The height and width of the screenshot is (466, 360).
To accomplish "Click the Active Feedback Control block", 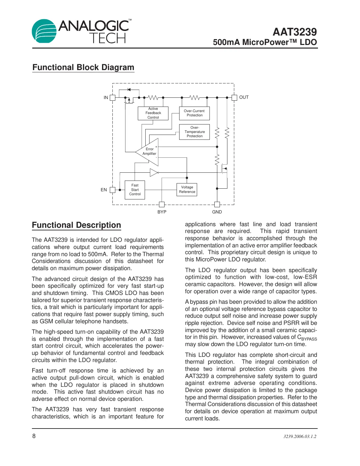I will (x=153, y=113).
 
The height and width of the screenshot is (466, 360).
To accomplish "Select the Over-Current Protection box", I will (x=194, y=113).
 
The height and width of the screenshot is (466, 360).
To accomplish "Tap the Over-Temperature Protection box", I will (x=194, y=132).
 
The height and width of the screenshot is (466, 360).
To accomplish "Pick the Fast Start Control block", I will (x=135, y=190).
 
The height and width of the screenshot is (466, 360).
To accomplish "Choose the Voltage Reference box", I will (x=187, y=190).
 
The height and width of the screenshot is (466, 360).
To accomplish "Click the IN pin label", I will (x=106, y=97).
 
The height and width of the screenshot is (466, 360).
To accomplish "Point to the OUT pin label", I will (x=244, y=97).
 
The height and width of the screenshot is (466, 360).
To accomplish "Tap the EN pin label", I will (x=104, y=190).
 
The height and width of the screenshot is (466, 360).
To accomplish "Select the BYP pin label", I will (x=162, y=212).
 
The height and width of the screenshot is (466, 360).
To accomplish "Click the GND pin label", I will (x=217, y=212).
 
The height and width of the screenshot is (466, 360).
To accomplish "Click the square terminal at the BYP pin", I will (x=162, y=205).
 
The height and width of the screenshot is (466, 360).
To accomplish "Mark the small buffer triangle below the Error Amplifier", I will (x=154, y=172).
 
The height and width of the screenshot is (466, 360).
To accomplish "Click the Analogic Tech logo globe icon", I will (x=44, y=31).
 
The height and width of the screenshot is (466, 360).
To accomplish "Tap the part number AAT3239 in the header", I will (x=295, y=32).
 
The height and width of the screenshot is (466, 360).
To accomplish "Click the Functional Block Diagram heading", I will (x=83, y=67).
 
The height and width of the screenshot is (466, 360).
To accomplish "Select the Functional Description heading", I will (x=77, y=225).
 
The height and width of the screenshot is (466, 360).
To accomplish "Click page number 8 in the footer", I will (x=34, y=436).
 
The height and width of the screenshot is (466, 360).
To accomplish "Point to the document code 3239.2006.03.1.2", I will (x=300, y=436).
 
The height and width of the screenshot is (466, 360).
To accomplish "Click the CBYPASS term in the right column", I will (x=307, y=338).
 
